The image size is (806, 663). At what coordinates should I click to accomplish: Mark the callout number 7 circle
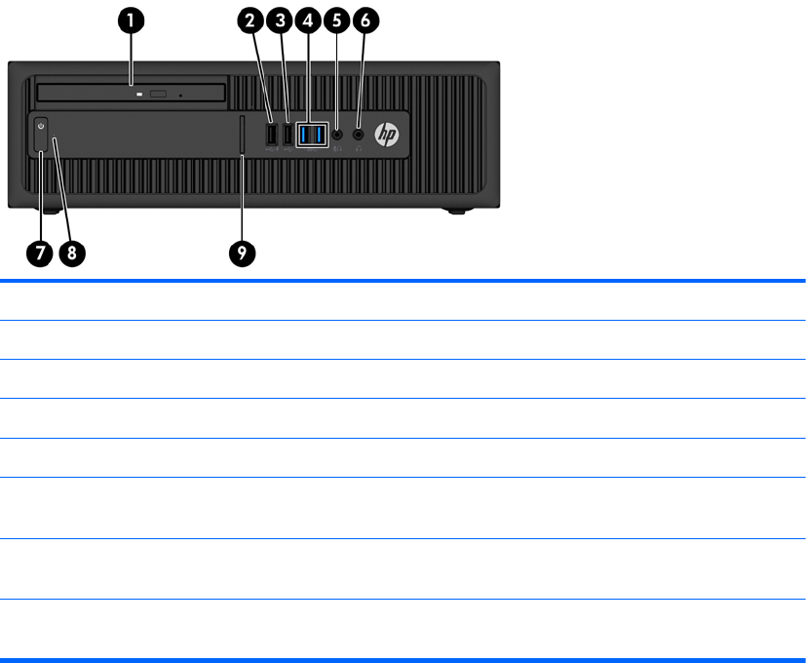pyautogui.click(x=40, y=253)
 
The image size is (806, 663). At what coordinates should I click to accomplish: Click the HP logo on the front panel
pyautogui.click(x=388, y=136)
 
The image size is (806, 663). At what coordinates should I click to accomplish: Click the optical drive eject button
pyautogui.click(x=159, y=95)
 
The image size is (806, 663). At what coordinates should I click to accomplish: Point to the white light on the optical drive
pyautogui.click(x=140, y=95)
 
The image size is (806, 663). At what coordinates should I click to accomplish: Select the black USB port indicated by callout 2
pyautogui.click(x=272, y=135)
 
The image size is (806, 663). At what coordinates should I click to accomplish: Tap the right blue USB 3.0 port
pyautogui.click(x=320, y=134)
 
